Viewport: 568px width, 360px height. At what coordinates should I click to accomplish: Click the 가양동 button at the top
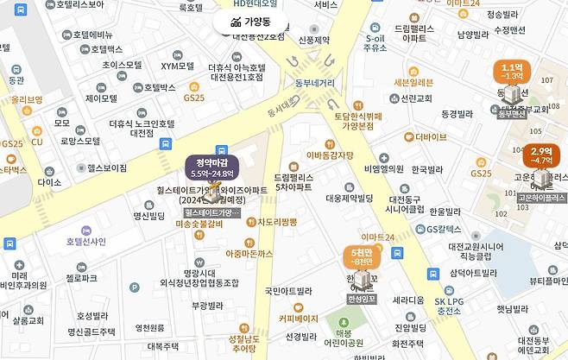coord(249,22)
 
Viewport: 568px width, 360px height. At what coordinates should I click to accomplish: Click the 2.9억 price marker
coord(541,155)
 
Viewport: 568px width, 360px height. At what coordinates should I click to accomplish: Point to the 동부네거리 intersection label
coord(315,84)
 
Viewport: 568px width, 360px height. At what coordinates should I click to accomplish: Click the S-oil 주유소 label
coord(376,43)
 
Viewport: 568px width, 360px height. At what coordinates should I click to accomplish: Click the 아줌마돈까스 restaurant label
coord(249,253)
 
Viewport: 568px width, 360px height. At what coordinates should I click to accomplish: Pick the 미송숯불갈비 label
coord(199,224)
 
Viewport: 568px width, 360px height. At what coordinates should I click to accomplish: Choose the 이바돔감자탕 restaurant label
coord(330,155)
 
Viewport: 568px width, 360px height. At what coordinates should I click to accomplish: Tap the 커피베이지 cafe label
coord(298,318)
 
